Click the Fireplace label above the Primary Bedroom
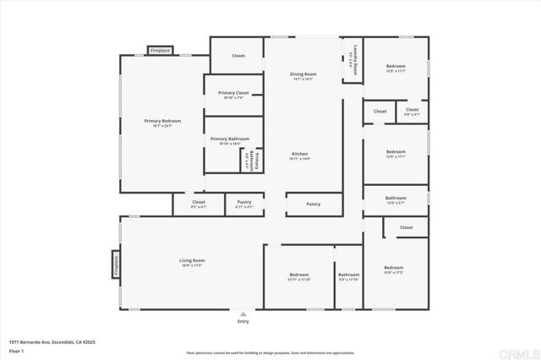160,51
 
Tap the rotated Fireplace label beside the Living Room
116,263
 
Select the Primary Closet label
232,93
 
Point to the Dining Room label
303,74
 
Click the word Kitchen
299,154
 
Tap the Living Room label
193,260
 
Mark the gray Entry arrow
243,314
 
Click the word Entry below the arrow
243,322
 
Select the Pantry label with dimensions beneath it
243,202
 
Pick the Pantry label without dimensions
313,204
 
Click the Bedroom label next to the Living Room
298,275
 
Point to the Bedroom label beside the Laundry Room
396,66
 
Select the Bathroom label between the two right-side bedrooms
396,198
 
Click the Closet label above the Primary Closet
238,56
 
